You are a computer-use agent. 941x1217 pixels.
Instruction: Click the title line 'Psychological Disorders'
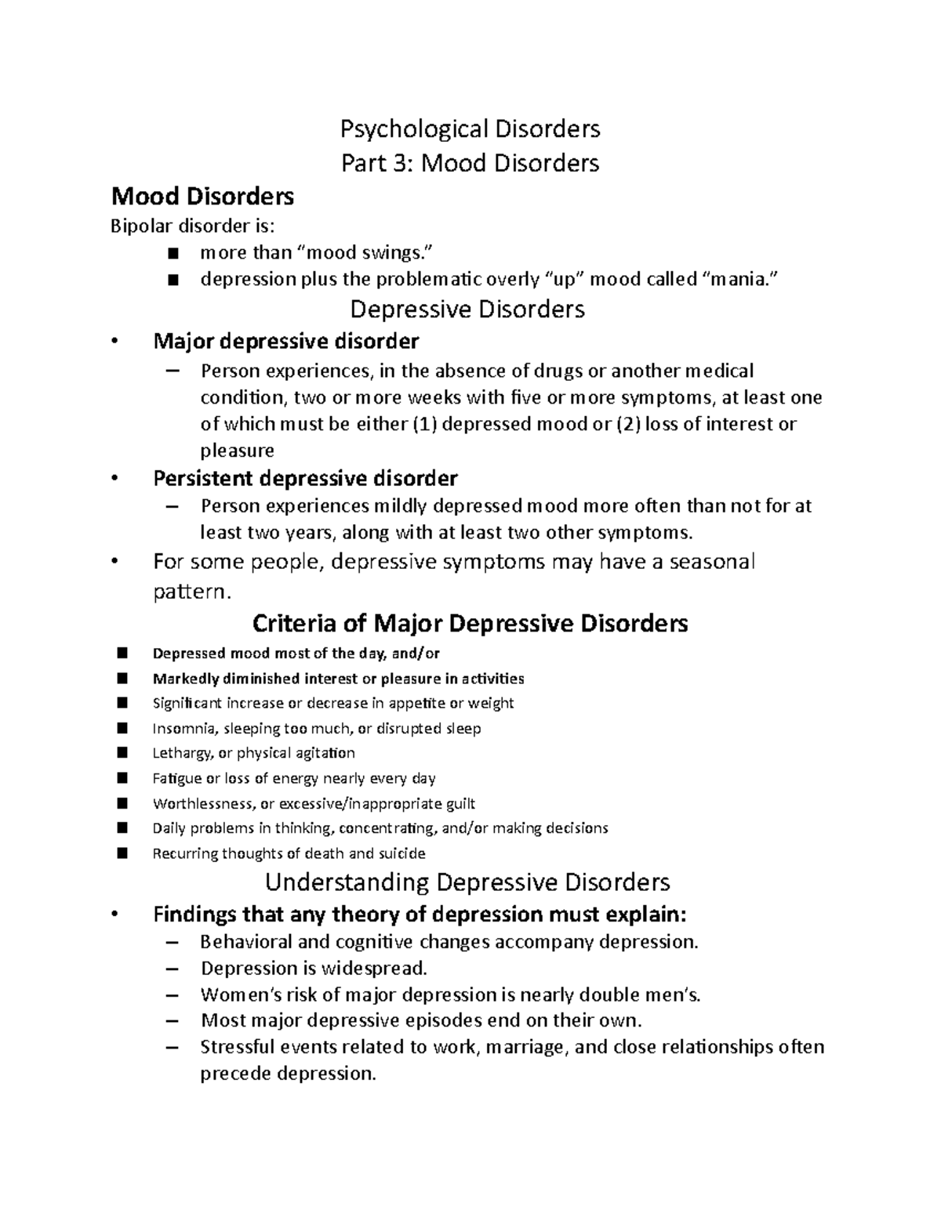click(x=470, y=128)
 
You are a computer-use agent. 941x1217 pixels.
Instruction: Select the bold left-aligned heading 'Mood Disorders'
click(x=203, y=195)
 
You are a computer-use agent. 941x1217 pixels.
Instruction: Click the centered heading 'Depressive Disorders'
click(x=467, y=310)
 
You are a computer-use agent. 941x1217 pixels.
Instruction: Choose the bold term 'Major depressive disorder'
click(x=286, y=341)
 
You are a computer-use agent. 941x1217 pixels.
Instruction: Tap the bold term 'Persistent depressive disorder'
click(x=305, y=478)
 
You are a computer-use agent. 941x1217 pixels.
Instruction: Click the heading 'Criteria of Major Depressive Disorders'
click(x=470, y=624)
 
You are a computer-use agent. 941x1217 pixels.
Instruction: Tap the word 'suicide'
click(x=400, y=853)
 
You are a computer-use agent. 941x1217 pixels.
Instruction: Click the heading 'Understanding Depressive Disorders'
click(x=467, y=882)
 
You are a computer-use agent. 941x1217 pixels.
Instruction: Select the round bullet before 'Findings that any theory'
click(x=115, y=915)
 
